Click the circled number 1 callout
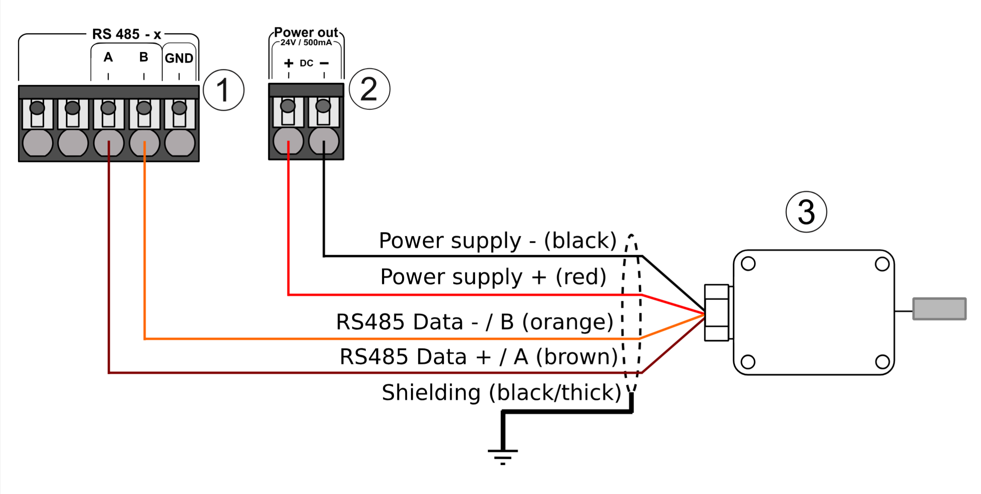(223, 90)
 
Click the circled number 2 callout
(370, 89)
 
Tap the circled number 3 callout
(806, 212)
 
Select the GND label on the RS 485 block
(179, 58)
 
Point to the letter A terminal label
(108, 57)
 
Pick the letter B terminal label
(144, 57)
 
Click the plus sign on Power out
(289, 63)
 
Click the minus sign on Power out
(324, 63)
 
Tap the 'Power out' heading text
(306, 32)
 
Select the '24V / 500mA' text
(306, 42)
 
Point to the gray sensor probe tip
(940, 309)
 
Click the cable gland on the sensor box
(717, 313)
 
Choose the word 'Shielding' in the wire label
(431, 392)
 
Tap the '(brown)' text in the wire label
(577, 357)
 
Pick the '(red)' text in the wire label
(581, 277)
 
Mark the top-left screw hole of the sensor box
(748, 264)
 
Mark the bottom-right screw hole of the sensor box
(882, 362)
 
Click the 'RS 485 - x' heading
(126, 34)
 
